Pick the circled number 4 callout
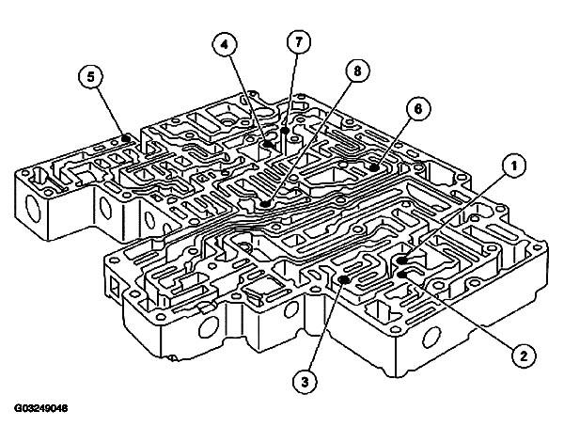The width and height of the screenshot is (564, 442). (x=223, y=43)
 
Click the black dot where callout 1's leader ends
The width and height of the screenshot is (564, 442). (x=401, y=260)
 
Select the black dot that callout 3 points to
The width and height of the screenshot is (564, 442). (x=346, y=279)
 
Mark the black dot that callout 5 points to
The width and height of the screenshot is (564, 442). (x=126, y=139)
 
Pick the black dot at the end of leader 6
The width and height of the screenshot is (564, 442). (x=373, y=167)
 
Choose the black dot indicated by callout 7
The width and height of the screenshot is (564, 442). (x=283, y=132)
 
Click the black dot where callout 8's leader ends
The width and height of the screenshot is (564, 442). (x=267, y=201)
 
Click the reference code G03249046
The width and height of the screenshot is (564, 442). (x=41, y=408)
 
